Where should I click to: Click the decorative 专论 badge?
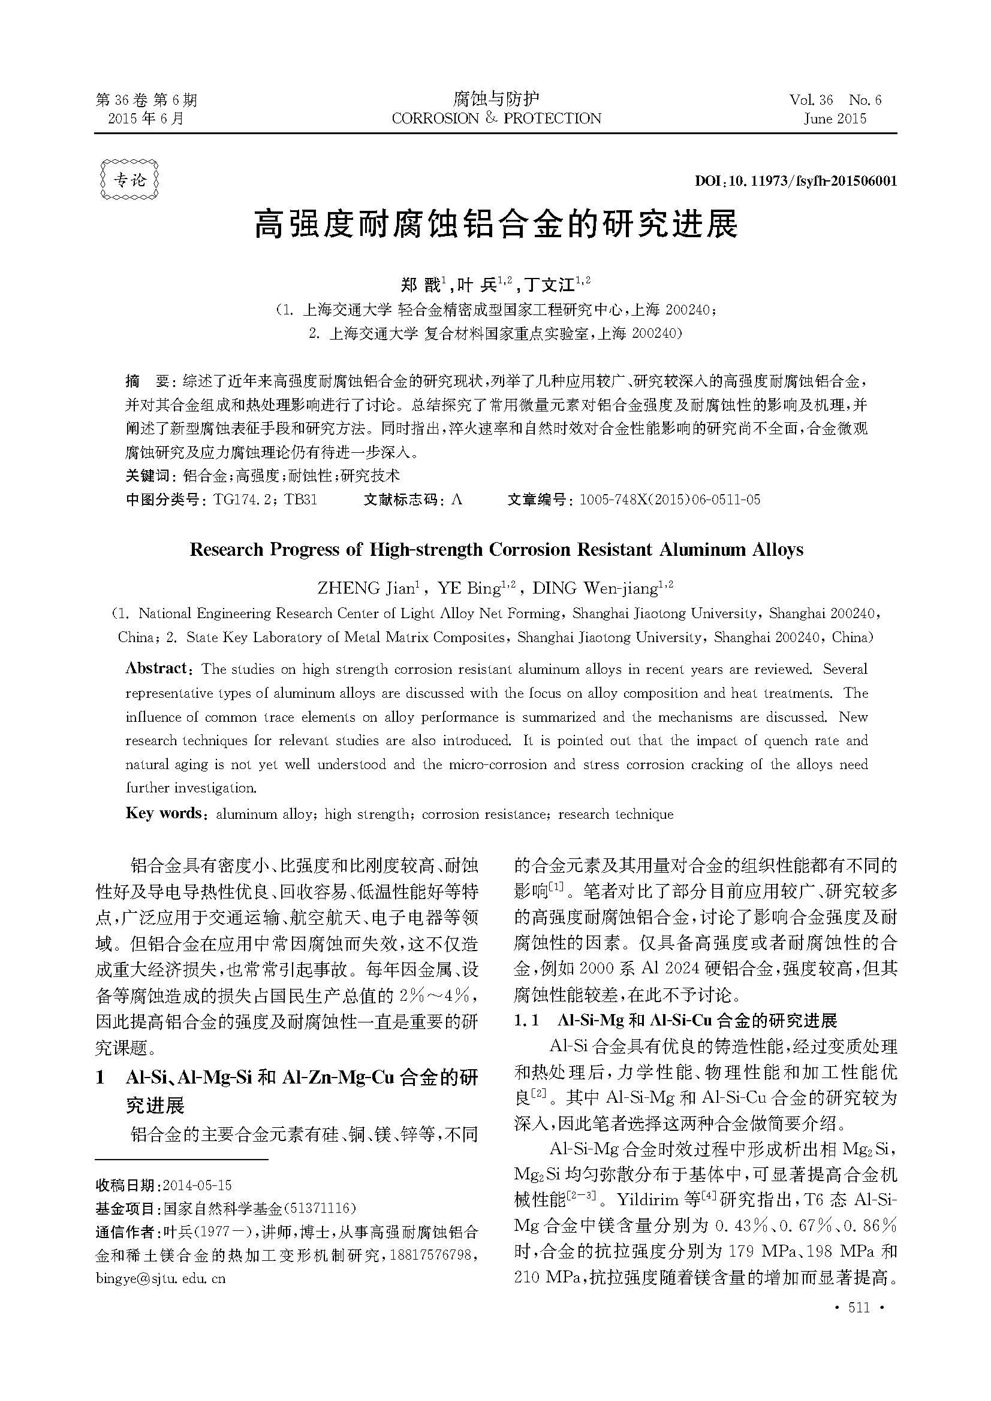(129, 180)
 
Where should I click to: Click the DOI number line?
(796, 181)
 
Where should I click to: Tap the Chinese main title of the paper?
(495, 225)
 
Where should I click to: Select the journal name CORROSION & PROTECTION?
(496, 119)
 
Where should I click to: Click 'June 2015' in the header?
(835, 119)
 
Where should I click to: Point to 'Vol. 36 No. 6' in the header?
(835, 99)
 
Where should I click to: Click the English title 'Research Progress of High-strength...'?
(496, 550)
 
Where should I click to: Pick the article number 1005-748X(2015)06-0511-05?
(670, 500)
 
